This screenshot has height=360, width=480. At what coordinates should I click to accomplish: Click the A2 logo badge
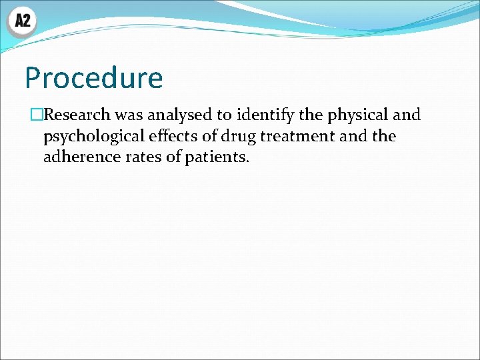(22, 21)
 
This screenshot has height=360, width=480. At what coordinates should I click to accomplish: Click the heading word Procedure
(93, 79)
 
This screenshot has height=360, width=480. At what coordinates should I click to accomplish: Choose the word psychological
(93, 137)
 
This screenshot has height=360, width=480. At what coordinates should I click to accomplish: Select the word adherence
(79, 158)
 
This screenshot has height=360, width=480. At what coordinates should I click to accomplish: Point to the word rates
(141, 158)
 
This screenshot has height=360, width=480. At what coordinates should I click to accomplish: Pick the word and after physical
(406, 115)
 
